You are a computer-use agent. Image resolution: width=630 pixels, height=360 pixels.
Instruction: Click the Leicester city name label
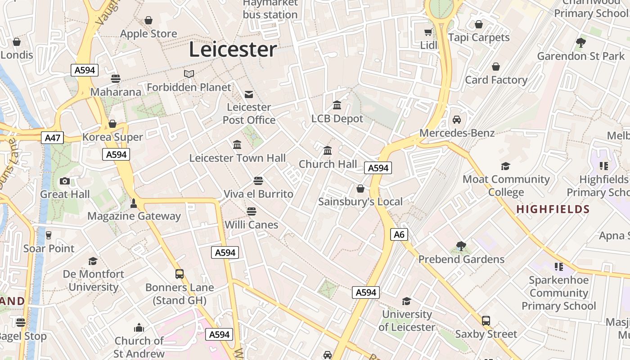point(233,49)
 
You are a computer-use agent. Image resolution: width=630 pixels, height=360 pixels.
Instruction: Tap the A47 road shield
point(53,138)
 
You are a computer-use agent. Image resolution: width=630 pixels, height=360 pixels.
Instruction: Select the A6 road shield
point(399,234)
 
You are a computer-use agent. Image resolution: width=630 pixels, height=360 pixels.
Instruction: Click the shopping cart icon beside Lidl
point(428,32)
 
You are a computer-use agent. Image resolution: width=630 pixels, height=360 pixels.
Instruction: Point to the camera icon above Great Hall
point(65,181)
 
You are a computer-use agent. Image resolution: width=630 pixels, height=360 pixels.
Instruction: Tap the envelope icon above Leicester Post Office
point(248,94)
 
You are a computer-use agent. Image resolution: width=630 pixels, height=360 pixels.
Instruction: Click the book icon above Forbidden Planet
point(189,74)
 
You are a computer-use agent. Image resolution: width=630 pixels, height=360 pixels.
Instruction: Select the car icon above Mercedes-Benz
point(457,120)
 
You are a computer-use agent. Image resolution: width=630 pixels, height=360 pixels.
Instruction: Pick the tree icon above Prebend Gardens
point(461,246)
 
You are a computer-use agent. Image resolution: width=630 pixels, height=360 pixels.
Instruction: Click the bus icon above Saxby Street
point(486,320)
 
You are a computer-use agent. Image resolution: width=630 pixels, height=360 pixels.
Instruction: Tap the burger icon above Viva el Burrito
point(258,181)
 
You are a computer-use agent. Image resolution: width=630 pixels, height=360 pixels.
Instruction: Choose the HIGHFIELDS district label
point(553,209)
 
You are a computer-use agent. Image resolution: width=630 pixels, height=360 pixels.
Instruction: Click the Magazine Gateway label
point(134,216)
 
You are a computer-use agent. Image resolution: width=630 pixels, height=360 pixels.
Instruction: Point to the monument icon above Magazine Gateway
point(133,203)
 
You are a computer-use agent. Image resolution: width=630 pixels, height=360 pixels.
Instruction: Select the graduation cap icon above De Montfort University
point(93,261)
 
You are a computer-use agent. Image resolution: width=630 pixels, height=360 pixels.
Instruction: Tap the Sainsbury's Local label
point(360,202)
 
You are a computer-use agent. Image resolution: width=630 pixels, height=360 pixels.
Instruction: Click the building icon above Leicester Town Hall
point(237,144)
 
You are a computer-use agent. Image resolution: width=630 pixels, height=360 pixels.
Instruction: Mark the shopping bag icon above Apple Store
point(148,20)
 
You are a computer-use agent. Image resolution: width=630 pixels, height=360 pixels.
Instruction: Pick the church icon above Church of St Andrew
point(139,327)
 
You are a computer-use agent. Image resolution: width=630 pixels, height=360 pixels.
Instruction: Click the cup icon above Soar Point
point(49,235)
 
